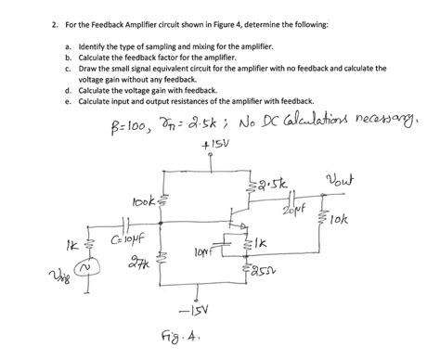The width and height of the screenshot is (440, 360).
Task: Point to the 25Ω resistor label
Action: [276, 270]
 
